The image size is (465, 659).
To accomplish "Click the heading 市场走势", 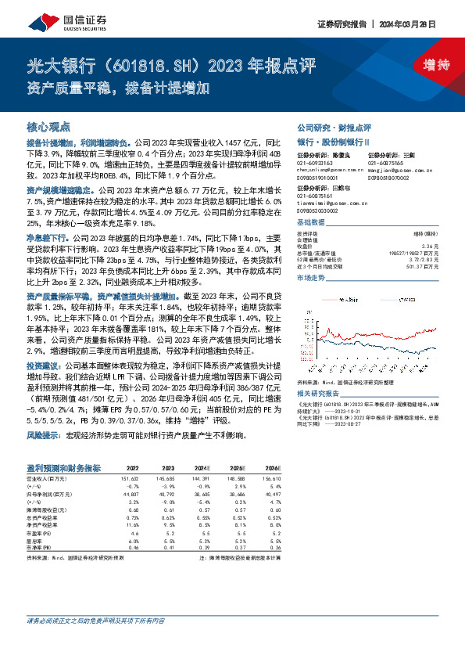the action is click(x=311, y=278).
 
